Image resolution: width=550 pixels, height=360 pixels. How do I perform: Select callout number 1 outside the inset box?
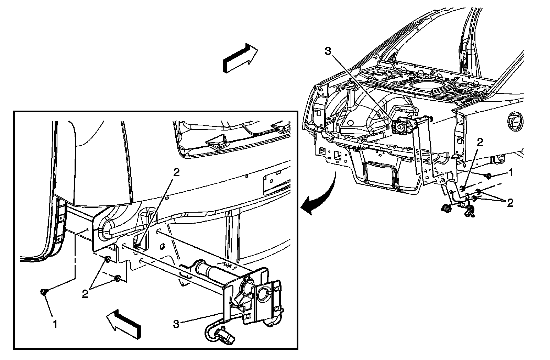click(x=511, y=173)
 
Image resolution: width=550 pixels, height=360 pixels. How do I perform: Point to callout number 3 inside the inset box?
click(x=176, y=324)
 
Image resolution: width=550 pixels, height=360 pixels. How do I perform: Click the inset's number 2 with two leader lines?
click(x=85, y=294)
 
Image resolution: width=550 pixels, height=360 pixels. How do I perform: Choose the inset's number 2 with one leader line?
click(x=176, y=173)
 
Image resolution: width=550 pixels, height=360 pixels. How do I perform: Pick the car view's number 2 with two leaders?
click(x=510, y=203)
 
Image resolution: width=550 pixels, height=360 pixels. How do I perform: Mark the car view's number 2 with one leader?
click(x=480, y=142)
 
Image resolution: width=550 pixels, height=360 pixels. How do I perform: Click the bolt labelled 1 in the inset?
click(x=44, y=292)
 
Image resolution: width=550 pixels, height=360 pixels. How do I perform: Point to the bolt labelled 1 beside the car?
click(x=487, y=176)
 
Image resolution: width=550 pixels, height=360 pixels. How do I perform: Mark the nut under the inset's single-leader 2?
click(x=137, y=246)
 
